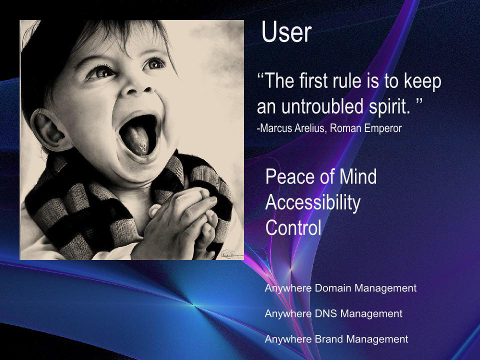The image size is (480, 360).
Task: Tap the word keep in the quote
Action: pos(422,81)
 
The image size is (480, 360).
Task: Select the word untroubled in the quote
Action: pos(322,106)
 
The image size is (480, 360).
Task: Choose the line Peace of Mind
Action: pos(321,176)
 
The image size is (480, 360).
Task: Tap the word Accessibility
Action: pos(313,202)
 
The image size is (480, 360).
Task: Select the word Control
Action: pos(293,228)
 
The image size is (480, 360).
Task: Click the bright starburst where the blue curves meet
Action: pos(193,304)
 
